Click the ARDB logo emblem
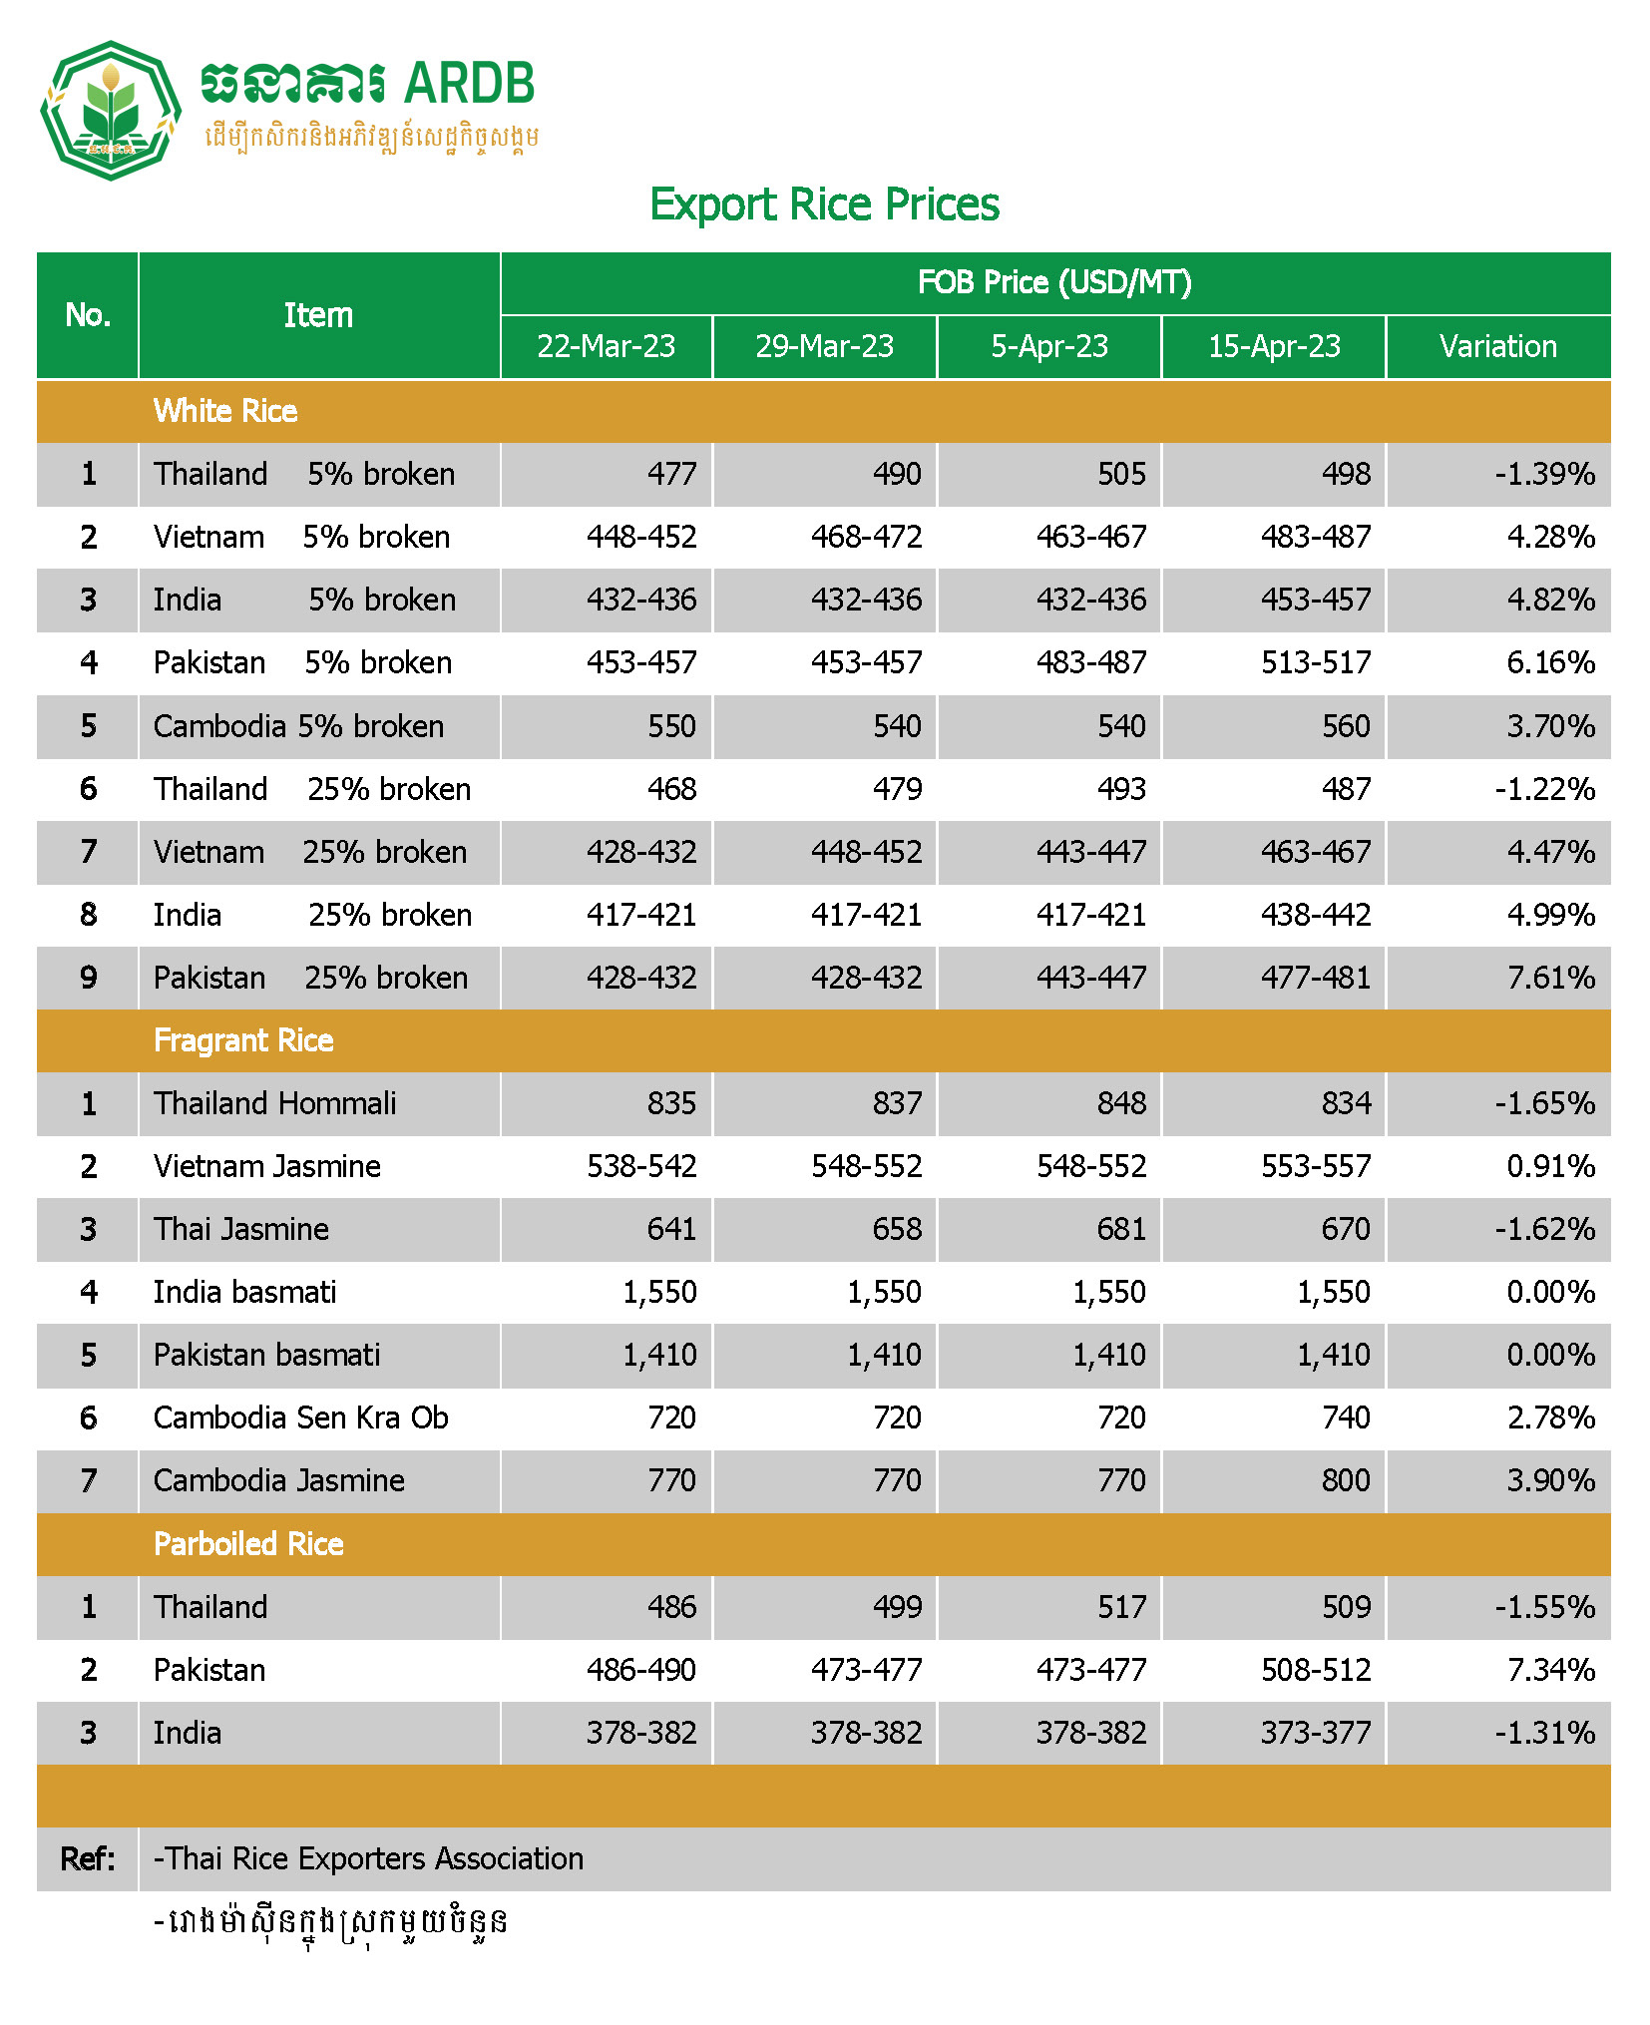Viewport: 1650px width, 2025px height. (110, 110)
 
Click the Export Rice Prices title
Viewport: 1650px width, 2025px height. (824, 204)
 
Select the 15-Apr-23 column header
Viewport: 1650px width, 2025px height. (1274, 346)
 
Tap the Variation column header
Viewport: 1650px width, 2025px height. (1497, 346)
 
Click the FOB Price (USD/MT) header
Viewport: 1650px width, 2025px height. (1054, 282)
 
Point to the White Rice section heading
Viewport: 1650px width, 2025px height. (225, 411)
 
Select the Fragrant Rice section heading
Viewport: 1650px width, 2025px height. (243, 1040)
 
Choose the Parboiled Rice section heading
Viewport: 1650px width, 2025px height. (248, 1544)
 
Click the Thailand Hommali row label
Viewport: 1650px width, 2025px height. (274, 1103)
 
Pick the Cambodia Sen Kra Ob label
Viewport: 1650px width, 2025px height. (300, 1417)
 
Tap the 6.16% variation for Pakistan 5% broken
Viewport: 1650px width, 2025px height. (1550, 662)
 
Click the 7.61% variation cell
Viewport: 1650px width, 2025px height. (1550, 978)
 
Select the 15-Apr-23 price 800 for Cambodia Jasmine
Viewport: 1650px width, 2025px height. (1346, 1480)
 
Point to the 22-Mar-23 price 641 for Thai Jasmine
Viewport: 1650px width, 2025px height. (671, 1229)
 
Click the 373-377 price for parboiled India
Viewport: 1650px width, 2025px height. (1316, 1733)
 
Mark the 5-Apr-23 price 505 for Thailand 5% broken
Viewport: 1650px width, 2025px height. (1121, 474)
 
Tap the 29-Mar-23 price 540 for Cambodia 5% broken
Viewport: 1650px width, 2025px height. (897, 726)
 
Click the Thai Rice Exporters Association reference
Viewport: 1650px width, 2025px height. (368, 1858)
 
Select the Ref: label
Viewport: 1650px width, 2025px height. (88, 1858)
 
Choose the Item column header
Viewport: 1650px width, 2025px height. (318, 315)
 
